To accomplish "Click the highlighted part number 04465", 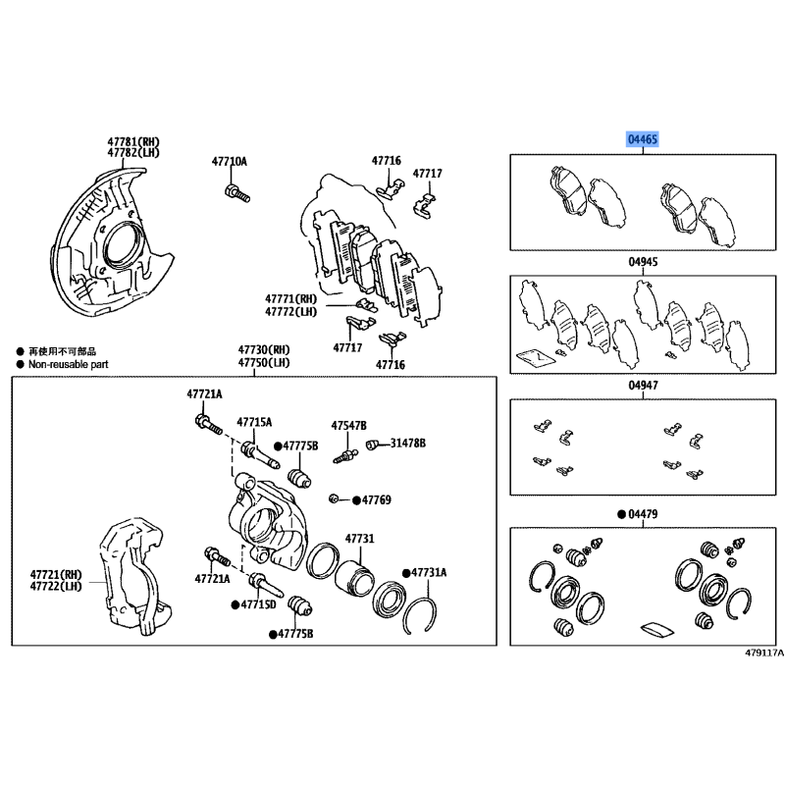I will [643, 140].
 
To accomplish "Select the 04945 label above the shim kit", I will [643, 262].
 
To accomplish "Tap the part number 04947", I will [643, 386].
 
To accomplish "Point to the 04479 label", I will [643, 514].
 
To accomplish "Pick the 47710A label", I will [231, 161].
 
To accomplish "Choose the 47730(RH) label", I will [264, 349].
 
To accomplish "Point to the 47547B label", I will [348, 426].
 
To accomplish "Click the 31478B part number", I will [408, 444].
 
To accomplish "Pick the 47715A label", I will [253, 421].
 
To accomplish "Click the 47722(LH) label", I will [58, 586].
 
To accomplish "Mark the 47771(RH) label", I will [290, 298].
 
